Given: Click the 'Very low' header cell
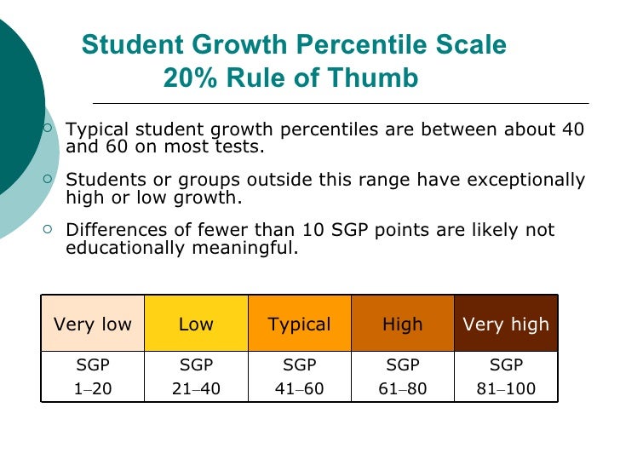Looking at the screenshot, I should coord(93,324).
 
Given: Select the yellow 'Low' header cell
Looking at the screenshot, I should coord(196,324).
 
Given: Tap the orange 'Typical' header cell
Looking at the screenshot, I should coord(299,324).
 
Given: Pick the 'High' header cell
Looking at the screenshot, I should coord(403,324).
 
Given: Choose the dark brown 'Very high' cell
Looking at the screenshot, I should coord(506,324).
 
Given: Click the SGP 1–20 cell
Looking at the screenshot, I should coord(93,376).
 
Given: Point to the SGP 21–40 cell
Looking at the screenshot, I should coord(196,376).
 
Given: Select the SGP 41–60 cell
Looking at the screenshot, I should coord(299,376).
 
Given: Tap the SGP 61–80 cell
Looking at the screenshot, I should coord(403,376).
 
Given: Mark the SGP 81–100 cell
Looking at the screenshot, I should coord(506,376).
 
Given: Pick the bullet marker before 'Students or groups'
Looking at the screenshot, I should coord(48,180).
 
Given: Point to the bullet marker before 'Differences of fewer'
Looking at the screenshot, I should coord(48,230).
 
